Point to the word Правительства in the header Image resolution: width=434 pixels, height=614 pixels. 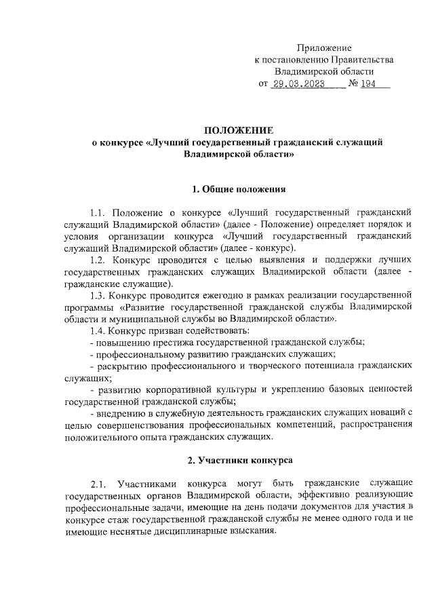pyautogui.click(x=358, y=60)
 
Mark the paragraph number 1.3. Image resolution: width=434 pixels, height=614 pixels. pyautogui.click(x=100, y=294)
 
